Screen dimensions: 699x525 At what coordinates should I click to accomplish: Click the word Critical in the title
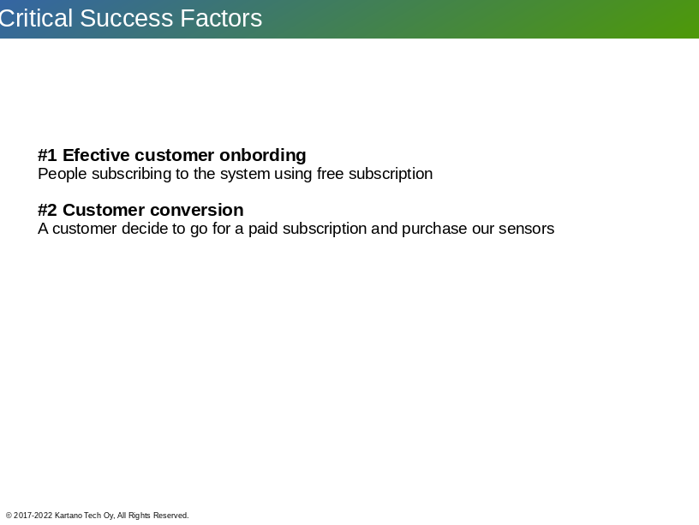(x=36, y=18)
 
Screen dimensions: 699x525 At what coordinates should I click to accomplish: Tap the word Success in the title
(x=127, y=18)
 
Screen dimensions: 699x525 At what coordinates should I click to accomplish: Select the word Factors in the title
(x=221, y=18)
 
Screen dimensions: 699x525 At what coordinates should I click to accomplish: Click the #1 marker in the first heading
(x=47, y=155)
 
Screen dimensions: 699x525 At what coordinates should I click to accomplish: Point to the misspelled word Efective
(x=96, y=155)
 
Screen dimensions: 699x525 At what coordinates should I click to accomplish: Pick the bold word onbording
(x=263, y=156)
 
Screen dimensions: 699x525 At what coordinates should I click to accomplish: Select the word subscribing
(x=132, y=174)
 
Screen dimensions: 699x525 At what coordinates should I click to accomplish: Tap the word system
(x=245, y=174)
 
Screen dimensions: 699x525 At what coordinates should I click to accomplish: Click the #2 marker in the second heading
(x=47, y=210)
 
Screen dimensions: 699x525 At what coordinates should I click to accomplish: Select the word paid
(x=263, y=229)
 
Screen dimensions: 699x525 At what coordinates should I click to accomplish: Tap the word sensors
(x=527, y=229)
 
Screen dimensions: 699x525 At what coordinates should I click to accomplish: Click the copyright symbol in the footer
(x=9, y=516)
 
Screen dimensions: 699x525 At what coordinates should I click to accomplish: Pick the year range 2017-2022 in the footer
(x=33, y=516)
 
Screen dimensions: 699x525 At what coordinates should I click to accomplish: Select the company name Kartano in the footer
(x=69, y=516)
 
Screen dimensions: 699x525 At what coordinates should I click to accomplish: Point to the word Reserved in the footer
(x=170, y=516)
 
